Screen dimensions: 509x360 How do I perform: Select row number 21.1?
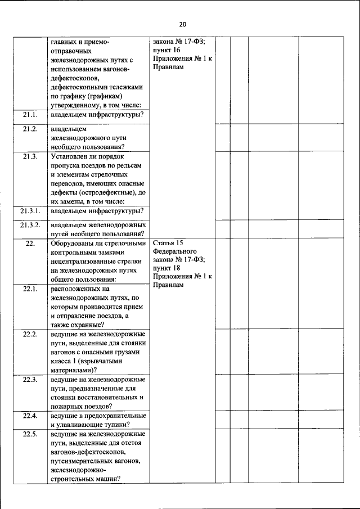point(30,115)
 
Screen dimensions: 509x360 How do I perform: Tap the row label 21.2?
point(30,129)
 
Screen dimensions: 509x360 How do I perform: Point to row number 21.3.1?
point(30,211)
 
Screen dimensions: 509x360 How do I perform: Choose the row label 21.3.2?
point(30,225)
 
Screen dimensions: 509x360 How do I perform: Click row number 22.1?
point(30,289)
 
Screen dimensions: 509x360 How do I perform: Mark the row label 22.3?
point(30,380)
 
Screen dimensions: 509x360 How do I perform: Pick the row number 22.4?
point(30,416)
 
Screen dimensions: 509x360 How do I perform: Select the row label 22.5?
point(30,434)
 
